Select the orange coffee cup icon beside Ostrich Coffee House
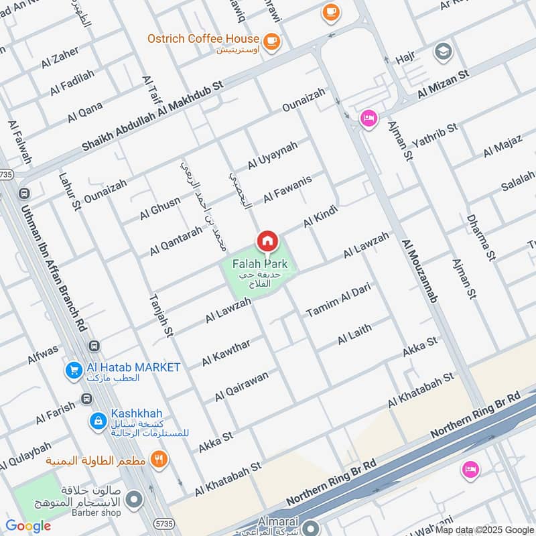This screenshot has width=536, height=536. click(x=271, y=42)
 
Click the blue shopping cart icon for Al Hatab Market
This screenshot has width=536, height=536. click(x=73, y=369)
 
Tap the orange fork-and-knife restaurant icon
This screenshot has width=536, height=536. click(x=159, y=459)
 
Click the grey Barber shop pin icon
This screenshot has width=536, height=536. click(x=135, y=499)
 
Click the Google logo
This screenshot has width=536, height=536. click(x=28, y=526)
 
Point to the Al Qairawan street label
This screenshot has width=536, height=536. click(x=241, y=387)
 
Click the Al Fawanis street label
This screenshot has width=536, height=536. click(x=287, y=189)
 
